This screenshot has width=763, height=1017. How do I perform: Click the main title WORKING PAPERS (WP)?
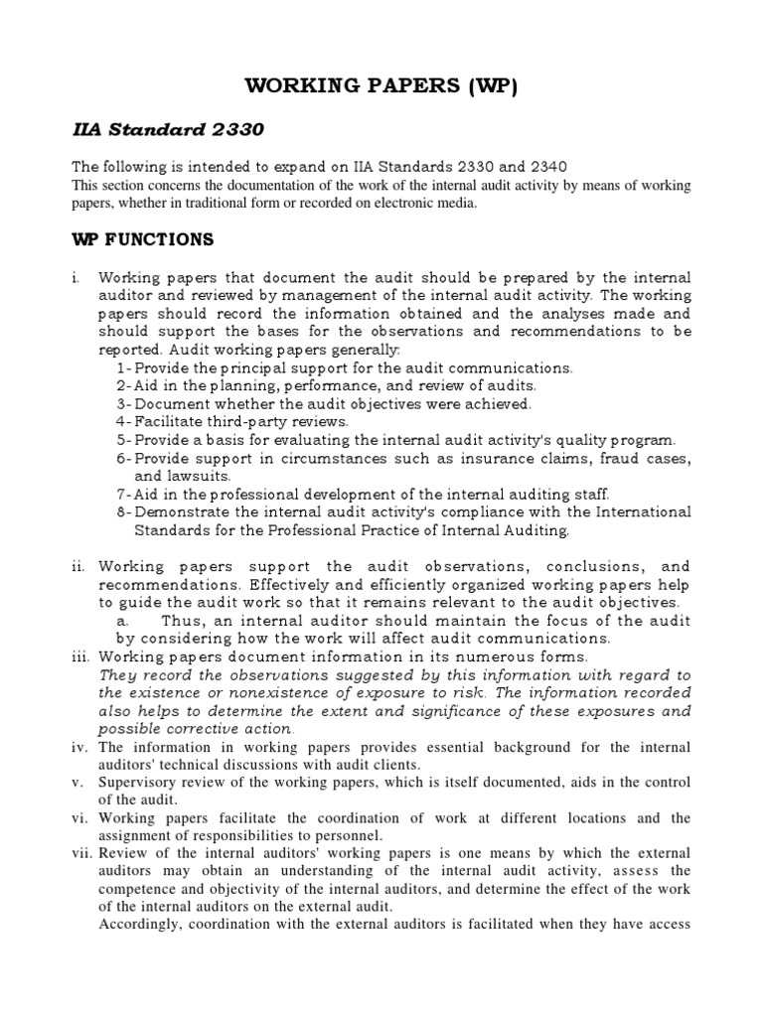click(381, 86)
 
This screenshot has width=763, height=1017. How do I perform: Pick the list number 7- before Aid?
click(124, 494)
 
